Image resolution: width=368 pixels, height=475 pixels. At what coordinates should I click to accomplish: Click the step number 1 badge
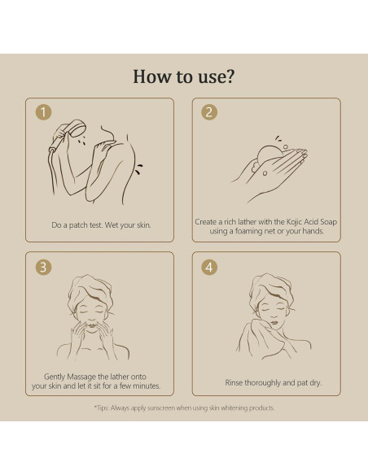43,112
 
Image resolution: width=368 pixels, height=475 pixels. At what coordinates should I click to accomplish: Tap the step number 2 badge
209,112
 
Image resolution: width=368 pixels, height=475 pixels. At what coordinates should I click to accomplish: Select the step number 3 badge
43,267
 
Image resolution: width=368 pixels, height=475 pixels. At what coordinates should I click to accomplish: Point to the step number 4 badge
209,267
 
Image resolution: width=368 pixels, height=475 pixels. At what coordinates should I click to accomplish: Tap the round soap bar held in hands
269,155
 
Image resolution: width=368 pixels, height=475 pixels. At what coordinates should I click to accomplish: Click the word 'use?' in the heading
216,76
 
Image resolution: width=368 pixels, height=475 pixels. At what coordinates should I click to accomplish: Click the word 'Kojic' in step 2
294,222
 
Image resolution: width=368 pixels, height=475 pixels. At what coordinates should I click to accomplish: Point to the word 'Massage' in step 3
81,377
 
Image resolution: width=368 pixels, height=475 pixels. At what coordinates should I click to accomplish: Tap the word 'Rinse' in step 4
234,383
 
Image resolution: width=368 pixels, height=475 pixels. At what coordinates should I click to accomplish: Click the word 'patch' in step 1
78,225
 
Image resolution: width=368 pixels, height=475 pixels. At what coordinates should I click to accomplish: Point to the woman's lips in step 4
274,322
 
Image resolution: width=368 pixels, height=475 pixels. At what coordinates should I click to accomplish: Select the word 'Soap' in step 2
328,222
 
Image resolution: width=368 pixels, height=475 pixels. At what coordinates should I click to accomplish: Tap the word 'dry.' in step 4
315,383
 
